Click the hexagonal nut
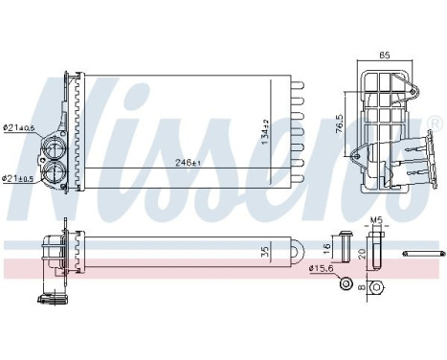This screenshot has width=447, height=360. point(377,286)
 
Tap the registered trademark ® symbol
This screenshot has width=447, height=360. point(435,122)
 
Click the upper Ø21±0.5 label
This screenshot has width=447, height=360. point(19,128)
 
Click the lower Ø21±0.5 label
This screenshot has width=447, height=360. point(19,178)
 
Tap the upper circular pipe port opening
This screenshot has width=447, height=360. point(51,148)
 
